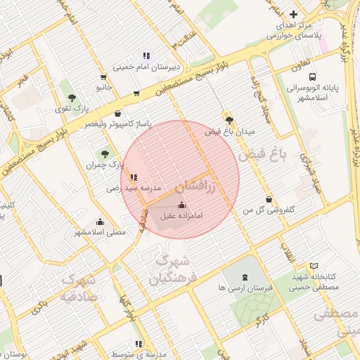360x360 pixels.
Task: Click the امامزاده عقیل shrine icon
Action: coord(183,205)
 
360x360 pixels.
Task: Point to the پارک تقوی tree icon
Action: coord(71,98)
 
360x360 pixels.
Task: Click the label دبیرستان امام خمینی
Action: coord(148,67)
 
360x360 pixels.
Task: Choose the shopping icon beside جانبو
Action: coord(104,77)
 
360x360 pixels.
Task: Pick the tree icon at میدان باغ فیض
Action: coord(229,119)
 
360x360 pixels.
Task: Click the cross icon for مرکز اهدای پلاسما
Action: coord(294,14)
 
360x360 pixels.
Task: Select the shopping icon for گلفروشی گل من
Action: coord(269,199)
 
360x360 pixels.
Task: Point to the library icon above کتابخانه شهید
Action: coord(314,265)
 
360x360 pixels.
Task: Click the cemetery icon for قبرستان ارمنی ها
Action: coord(244,278)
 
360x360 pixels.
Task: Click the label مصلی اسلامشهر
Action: coord(100,231)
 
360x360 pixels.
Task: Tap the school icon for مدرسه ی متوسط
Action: coord(139,344)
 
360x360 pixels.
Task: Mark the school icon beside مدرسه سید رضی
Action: coord(134,177)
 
